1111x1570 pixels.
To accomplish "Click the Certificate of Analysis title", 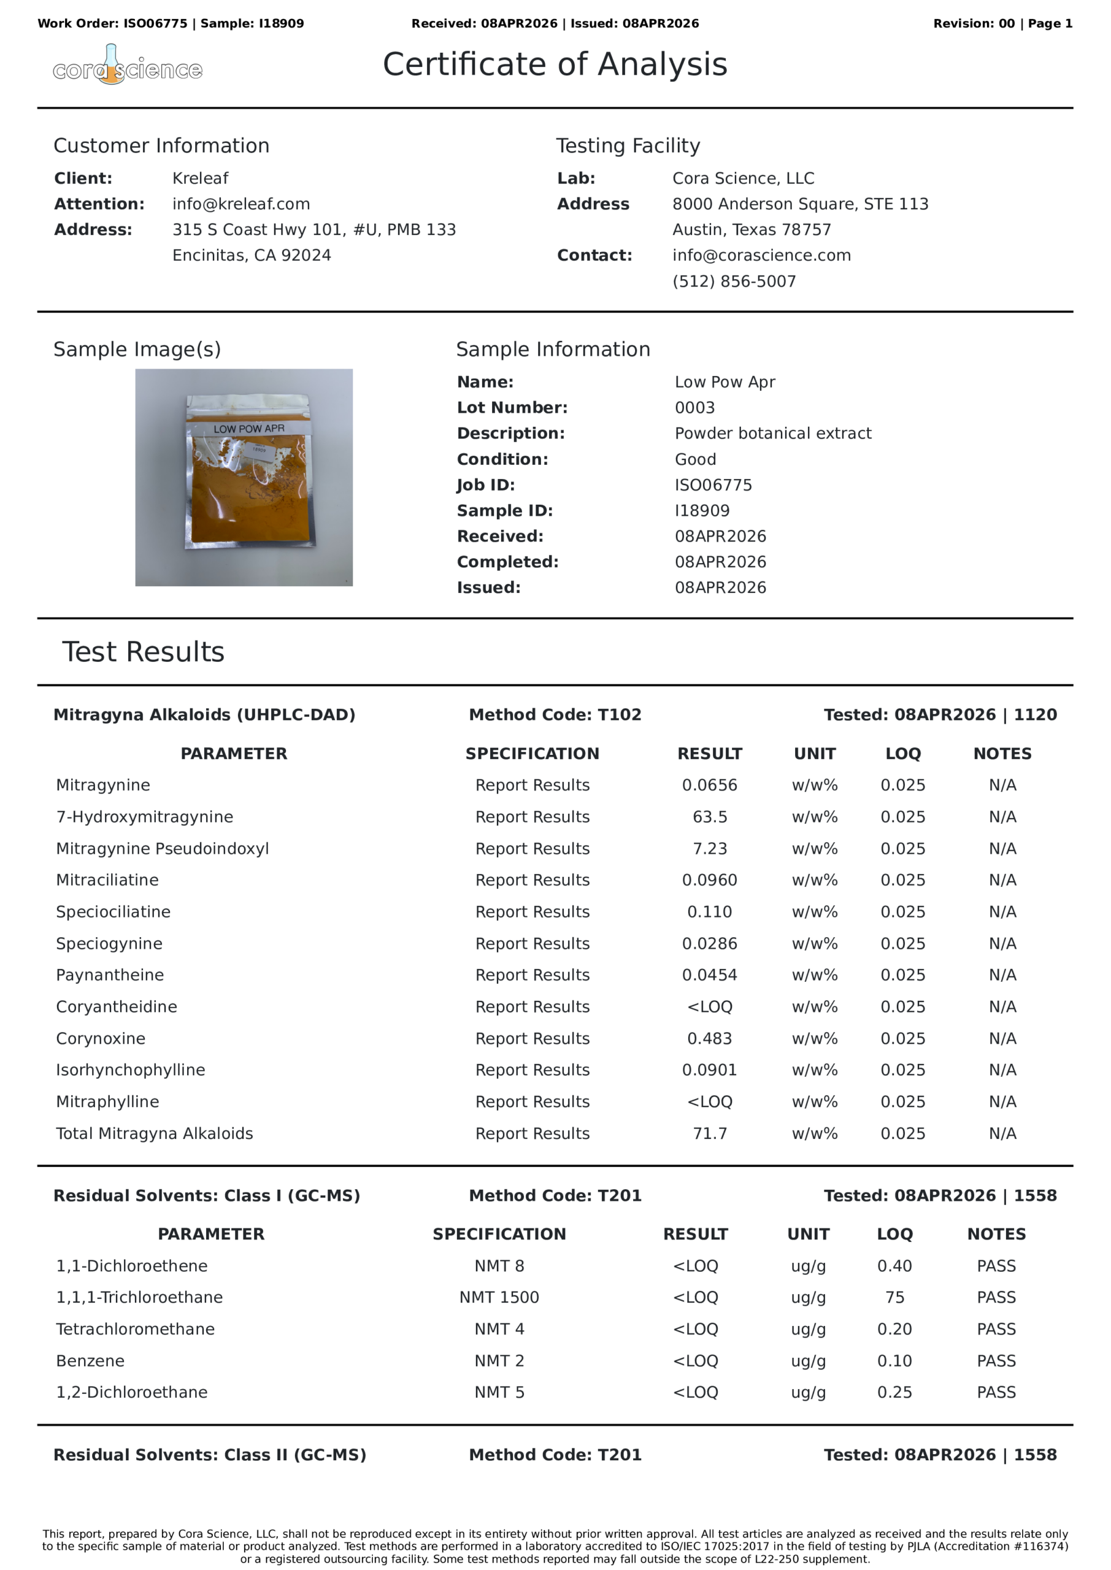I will pos(555,64).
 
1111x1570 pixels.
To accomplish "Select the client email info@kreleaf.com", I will pos(241,204).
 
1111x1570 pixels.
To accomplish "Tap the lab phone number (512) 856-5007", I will pos(734,281).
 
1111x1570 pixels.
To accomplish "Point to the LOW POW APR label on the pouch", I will pos(249,429).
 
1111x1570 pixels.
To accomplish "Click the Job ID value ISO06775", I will pos(713,485).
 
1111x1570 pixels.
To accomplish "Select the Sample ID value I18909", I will pos(702,511).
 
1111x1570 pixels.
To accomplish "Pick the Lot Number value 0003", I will pos(694,408).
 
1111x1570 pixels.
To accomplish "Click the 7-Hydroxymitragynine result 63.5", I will pos(709,816).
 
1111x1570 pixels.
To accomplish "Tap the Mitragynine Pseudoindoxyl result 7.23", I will pos(709,849).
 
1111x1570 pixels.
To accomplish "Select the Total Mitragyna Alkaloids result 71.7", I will pos(709,1133).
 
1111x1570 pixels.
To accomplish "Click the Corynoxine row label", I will pos(101,1038).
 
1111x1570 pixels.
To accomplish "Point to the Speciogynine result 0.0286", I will pos(709,944).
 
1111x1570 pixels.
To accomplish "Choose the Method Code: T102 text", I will pos(555,714).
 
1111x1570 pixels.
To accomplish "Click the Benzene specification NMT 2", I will pos(499,1361).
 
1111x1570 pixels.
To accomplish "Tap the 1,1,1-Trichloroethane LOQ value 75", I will pos(894,1297).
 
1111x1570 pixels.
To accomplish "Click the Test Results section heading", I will pos(143,652).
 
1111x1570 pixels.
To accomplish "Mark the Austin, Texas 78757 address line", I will pos(751,230).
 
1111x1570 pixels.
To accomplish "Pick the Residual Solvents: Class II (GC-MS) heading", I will pos(209,1455).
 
